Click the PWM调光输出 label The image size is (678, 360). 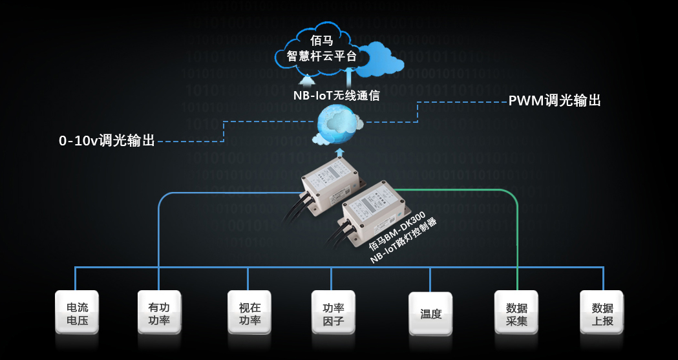[x=555, y=101]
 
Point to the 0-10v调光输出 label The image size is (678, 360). [x=107, y=140]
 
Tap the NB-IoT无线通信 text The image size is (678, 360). [x=336, y=95]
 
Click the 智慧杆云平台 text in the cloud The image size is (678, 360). [x=322, y=57]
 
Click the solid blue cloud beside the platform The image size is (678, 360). [x=383, y=59]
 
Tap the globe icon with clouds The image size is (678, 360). [x=337, y=125]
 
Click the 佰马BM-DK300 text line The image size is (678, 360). [x=396, y=230]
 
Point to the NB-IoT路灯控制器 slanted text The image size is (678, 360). [x=405, y=241]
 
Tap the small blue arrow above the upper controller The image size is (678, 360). [x=343, y=153]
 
